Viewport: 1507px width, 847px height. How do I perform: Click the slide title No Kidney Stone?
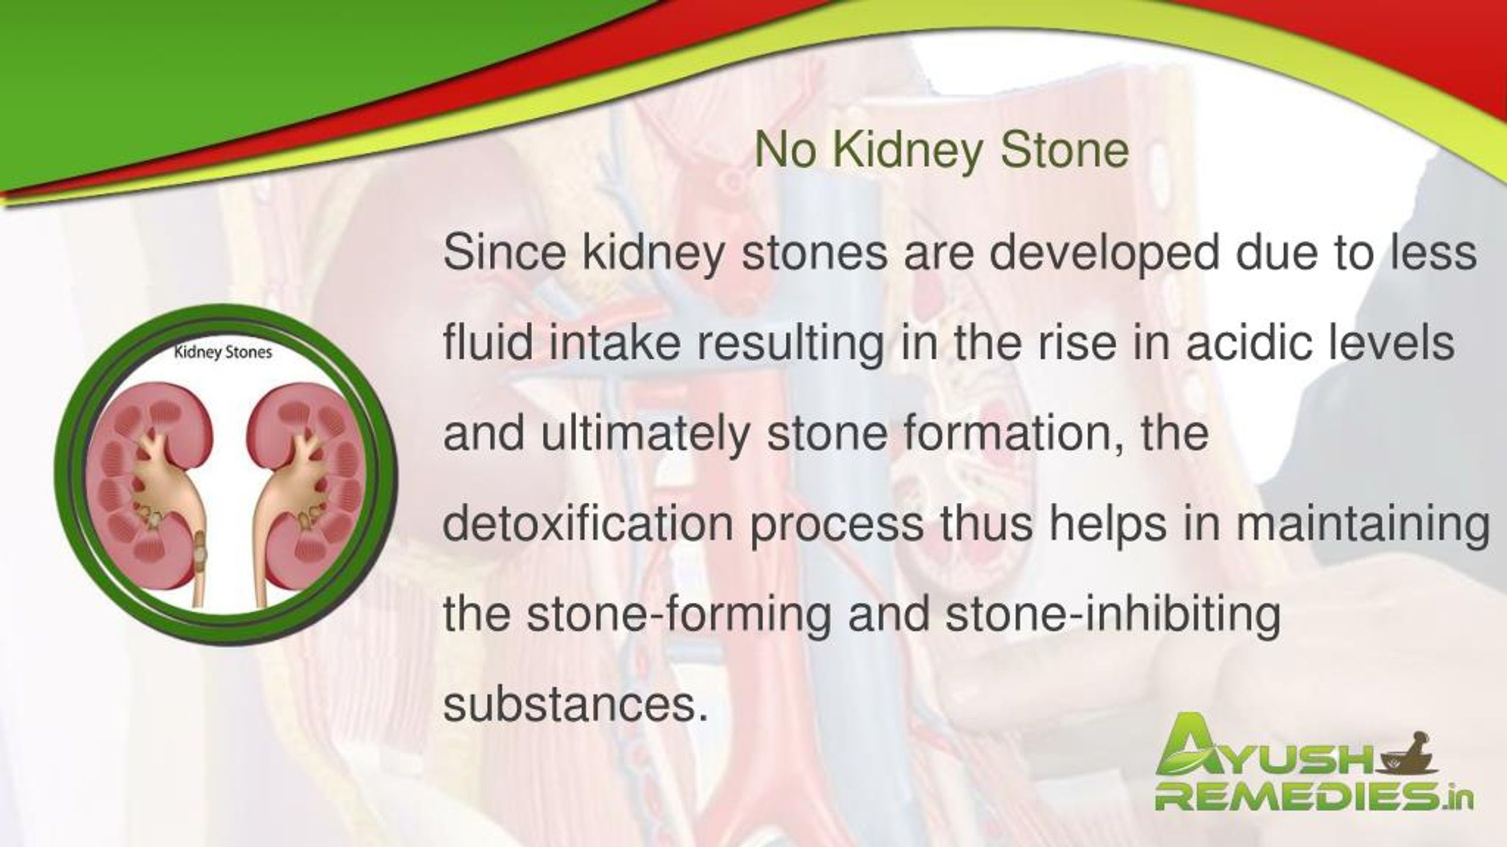tap(941, 151)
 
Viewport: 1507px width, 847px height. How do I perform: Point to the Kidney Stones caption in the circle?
tap(223, 353)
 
